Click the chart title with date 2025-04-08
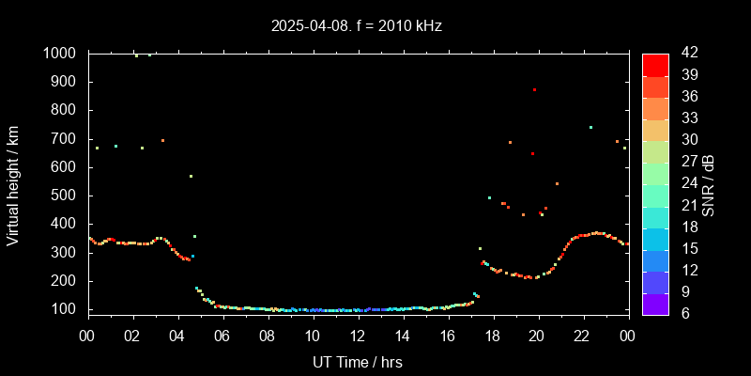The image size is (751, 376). point(357,25)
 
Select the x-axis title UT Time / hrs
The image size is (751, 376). point(358,361)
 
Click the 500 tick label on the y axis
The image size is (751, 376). point(66,196)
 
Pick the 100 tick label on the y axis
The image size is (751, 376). point(66,309)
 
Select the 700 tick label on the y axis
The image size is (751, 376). point(66,139)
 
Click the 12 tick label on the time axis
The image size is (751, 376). point(358,335)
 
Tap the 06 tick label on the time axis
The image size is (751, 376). point(222,335)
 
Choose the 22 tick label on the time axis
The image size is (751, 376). point(582,335)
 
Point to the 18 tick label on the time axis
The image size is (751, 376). point(492,335)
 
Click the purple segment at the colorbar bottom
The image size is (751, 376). point(655,303)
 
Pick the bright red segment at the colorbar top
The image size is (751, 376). point(655,64)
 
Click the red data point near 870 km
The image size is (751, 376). point(534,89)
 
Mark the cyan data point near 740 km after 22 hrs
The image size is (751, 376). point(590,127)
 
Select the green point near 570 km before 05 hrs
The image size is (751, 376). point(191,176)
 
